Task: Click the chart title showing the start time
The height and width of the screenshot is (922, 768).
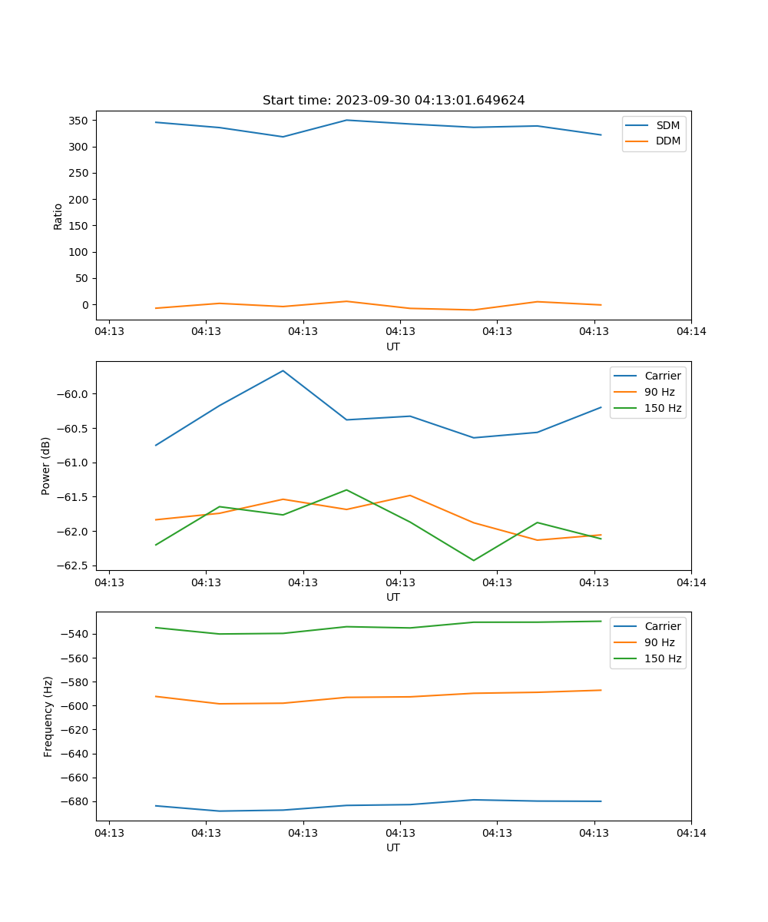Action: (393, 101)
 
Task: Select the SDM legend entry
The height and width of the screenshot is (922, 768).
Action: (667, 125)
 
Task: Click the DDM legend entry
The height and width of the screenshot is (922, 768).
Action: (667, 141)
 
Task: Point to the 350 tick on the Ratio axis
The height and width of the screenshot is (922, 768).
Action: (79, 121)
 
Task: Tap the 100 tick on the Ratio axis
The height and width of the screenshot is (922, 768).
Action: (79, 252)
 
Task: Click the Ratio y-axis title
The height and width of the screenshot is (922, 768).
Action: (58, 216)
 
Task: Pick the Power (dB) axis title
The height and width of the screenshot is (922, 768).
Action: (46, 466)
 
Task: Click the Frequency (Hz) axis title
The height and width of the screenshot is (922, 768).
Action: (48, 716)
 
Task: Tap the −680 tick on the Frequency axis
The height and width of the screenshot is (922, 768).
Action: (75, 801)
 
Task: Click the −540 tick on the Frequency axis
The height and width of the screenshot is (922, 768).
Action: (75, 634)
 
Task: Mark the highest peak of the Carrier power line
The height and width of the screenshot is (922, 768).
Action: (283, 370)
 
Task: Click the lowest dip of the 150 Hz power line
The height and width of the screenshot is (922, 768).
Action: (473, 560)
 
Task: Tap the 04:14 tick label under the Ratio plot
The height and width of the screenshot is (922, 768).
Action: (690, 332)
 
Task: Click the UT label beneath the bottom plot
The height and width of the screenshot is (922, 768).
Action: (393, 847)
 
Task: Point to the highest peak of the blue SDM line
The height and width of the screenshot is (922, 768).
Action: (346, 120)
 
